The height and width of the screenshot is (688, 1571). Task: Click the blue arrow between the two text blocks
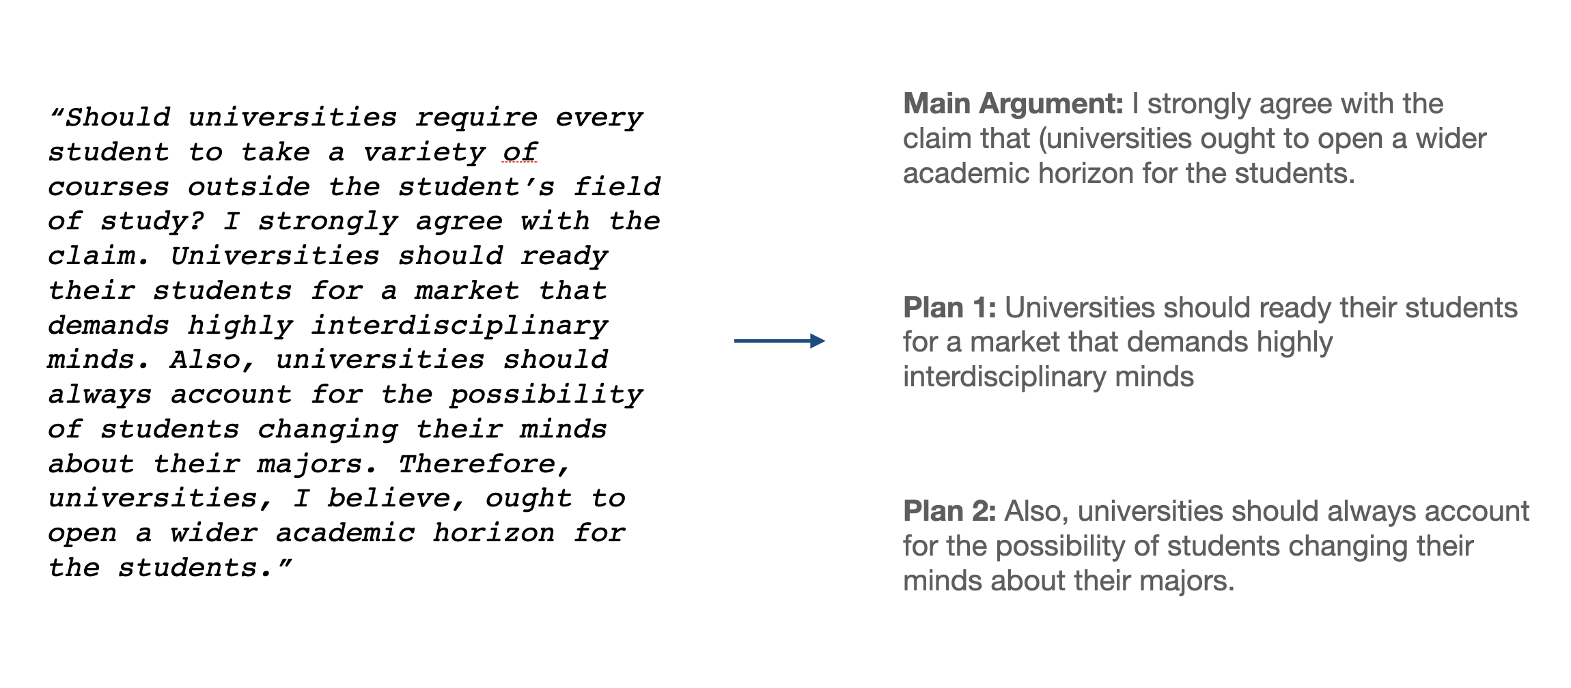click(x=779, y=341)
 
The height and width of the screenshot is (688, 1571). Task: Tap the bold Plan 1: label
click(x=949, y=308)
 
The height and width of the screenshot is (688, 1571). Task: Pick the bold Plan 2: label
click(x=949, y=511)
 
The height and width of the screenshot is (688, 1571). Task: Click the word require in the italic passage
click(x=476, y=118)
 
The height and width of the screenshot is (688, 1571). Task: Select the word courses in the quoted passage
click(x=109, y=187)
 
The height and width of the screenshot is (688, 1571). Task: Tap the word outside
click(x=249, y=187)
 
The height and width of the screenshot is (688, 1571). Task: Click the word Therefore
click(x=484, y=465)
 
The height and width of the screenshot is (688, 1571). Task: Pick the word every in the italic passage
click(x=598, y=118)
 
